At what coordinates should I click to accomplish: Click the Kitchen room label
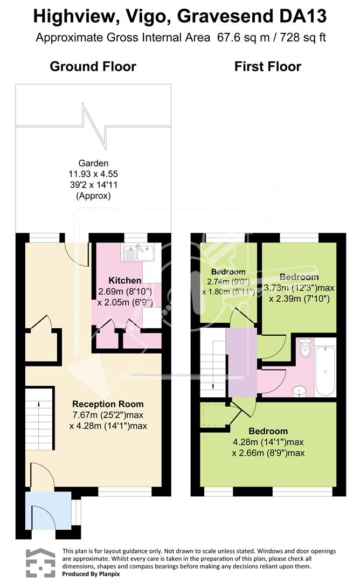pyautogui.click(x=124, y=281)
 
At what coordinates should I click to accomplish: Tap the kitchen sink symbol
pyautogui.click(x=140, y=253)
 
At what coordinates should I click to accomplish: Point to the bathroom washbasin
pyautogui.click(x=299, y=391)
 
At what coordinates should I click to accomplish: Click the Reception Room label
pyautogui.click(x=108, y=404)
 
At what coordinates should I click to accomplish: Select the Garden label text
pyautogui.click(x=93, y=163)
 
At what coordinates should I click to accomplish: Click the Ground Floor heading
pyautogui.click(x=93, y=66)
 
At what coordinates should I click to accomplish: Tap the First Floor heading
pyautogui.click(x=268, y=66)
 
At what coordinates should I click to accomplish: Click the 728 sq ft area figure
pyautogui.click(x=303, y=38)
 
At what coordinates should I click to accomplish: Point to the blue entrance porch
pyautogui.click(x=49, y=510)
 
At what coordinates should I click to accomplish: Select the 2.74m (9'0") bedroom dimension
pyautogui.click(x=229, y=282)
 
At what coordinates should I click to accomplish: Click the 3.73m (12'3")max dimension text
pyautogui.click(x=299, y=288)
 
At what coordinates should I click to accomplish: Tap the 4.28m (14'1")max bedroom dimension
pyautogui.click(x=268, y=442)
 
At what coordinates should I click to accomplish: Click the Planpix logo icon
pyautogui.click(x=40, y=563)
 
